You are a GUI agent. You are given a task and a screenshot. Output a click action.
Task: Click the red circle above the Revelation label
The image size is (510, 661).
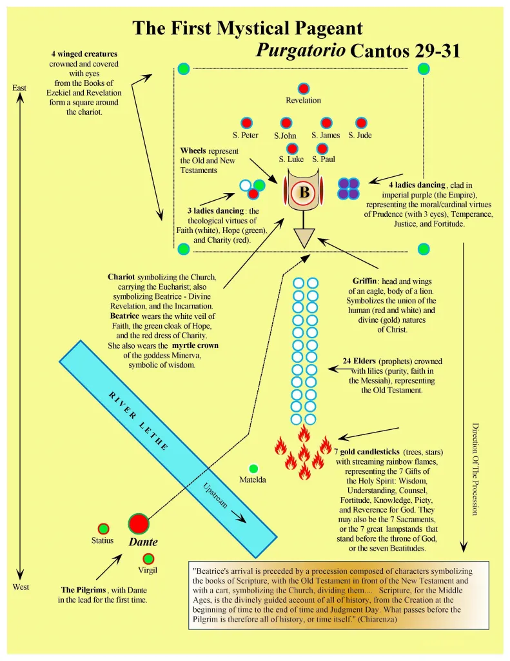(303, 88)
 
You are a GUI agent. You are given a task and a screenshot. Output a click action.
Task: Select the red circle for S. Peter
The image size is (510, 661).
(246, 123)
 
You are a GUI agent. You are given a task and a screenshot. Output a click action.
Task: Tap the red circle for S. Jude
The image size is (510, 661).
(361, 123)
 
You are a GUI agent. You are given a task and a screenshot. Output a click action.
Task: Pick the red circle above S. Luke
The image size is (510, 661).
(293, 148)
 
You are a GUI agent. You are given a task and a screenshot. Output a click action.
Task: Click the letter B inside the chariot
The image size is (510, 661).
(304, 192)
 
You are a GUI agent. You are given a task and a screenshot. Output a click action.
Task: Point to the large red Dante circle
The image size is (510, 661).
(138, 524)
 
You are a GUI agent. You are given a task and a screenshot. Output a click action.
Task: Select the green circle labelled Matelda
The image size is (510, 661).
(253, 469)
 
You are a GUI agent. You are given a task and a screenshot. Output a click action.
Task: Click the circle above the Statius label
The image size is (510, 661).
(103, 529)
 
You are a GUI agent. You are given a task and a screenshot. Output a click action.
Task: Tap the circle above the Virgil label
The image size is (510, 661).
(148, 559)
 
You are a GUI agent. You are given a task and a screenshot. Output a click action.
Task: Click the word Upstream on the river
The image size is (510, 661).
(215, 495)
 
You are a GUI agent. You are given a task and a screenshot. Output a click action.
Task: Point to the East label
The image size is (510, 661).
(19, 88)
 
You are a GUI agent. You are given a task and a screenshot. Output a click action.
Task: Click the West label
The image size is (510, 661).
(21, 587)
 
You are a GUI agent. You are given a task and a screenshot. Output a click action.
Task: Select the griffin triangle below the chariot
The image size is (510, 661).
(304, 238)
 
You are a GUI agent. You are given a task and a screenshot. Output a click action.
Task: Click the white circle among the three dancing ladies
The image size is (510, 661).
(245, 185)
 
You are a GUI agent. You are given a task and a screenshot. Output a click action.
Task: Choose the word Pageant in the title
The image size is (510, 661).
(328, 28)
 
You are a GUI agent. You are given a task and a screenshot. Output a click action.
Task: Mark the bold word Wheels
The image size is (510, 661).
(193, 150)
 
